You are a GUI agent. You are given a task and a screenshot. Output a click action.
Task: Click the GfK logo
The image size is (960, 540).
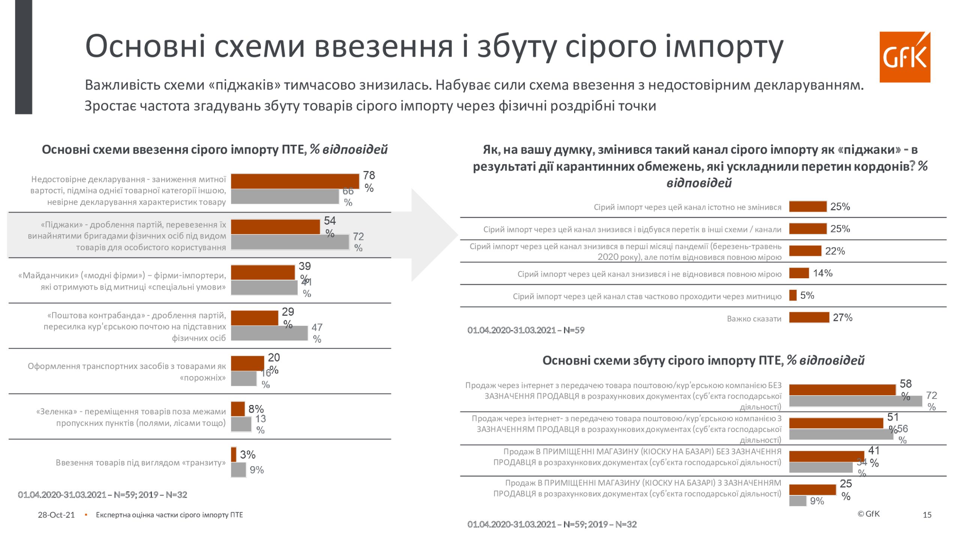click(904, 57)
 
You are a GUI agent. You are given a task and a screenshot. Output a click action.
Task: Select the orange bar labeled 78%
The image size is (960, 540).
click(295, 181)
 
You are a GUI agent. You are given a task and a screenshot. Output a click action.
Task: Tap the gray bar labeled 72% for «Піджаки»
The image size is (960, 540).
click(290, 242)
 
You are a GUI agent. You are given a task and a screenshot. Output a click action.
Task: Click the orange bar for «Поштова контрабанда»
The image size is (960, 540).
click(254, 318)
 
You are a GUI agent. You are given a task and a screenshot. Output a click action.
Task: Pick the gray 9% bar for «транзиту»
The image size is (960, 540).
click(238, 470)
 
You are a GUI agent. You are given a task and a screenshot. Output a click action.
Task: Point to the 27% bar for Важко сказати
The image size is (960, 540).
click(809, 318)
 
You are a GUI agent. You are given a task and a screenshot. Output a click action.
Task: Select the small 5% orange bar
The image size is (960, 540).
click(793, 295)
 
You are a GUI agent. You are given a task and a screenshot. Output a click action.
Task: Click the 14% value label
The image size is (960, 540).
click(823, 273)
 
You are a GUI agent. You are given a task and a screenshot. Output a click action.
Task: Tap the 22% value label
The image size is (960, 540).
click(835, 251)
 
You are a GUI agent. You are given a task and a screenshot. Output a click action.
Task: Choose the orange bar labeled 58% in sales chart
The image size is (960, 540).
click(842, 390)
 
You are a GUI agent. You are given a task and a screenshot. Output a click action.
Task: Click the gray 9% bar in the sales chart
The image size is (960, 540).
click(798, 501)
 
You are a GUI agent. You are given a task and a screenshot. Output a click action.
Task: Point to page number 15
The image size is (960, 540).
click(927, 515)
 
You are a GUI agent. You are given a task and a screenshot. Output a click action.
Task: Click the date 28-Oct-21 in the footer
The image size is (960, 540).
click(56, 515)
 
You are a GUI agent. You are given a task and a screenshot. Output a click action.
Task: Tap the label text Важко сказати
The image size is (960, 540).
click(754, 319)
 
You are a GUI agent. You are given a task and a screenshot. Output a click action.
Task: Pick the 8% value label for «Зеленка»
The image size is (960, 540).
click(256, 409)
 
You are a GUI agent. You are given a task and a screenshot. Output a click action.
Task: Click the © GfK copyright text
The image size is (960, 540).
click(868, 514)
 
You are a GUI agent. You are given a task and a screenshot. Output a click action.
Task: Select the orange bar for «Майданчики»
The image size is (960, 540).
click(263, 273)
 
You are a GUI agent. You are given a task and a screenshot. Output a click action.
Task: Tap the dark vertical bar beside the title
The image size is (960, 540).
click(24, 56)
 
